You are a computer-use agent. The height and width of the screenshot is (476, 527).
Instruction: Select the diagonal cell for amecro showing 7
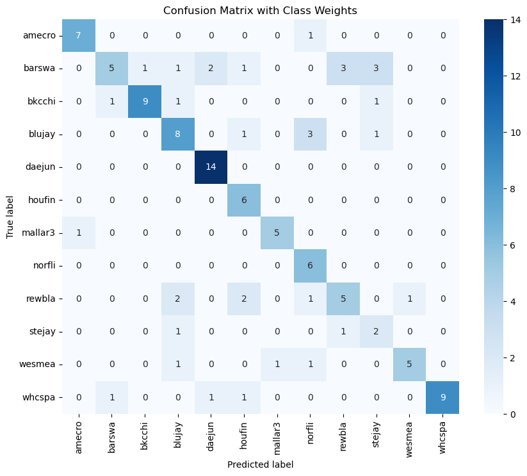(79, 36)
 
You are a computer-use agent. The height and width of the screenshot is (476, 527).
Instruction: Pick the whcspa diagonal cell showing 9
(441, 398)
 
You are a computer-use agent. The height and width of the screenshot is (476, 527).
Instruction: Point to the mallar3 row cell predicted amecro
(79, 233)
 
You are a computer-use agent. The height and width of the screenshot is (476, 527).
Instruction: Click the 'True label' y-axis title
(11, 217)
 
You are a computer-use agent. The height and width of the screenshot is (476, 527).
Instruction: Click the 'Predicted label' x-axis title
(260, 464)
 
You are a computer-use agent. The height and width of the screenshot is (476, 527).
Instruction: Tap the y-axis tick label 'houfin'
(45, 201)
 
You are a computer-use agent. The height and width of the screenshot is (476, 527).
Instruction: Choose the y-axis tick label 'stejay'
(46, 332)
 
